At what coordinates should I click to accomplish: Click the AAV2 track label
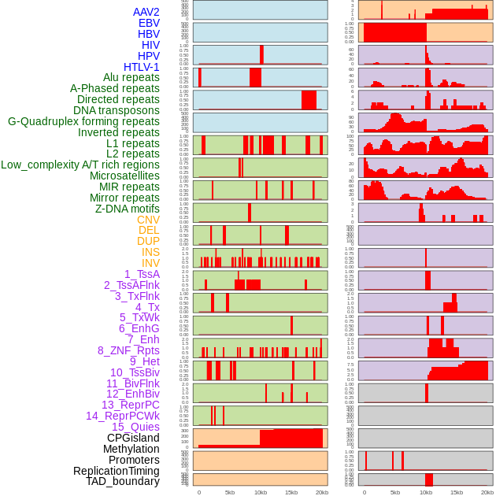tap(146, 12)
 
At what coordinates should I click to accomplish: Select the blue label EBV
tap(149, 23)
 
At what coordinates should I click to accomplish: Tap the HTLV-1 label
tap(142, 67)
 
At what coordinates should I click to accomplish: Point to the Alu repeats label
tap(131, 77)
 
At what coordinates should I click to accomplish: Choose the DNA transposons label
tap(117, 110)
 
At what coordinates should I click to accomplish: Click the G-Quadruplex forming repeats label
tap(83, 121)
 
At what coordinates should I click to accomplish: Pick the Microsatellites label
tap(124, 176)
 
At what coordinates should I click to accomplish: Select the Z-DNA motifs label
tap(128, 209)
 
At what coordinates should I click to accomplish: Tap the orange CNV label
tap(148, 220)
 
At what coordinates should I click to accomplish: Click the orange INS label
tap(150, 252)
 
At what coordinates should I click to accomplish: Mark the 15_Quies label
tap(135, 427)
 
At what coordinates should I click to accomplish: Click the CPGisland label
tap(133, 438)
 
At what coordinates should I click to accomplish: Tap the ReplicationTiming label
tap(117, 471)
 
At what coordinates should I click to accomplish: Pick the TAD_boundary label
tap(123, 481)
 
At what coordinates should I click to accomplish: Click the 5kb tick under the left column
tap(230, 492)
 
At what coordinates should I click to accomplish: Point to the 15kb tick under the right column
tap(457, 492)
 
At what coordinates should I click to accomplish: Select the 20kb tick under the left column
tap(321, 492)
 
